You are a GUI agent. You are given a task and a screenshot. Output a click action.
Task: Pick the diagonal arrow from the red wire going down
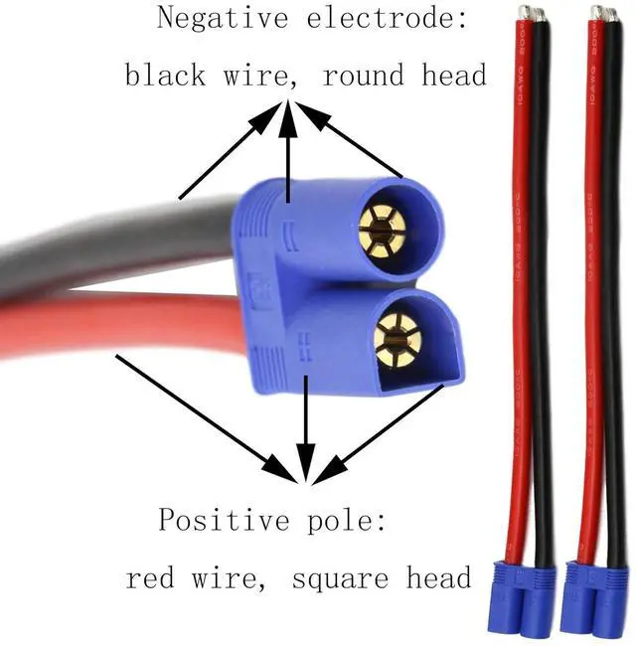point(199,407)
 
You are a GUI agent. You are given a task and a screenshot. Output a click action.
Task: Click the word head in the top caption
point(452,77)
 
